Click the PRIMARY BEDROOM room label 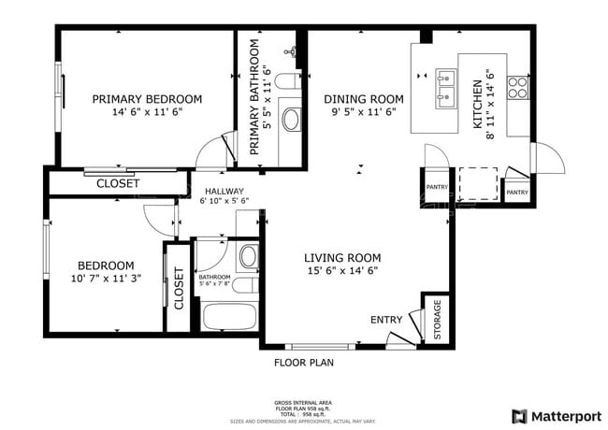[147, 98]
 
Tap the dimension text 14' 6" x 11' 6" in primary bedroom [147, 111]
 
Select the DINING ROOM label [364, 99]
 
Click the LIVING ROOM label [342, 258]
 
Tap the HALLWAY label [224, 191]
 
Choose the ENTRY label [386, 320]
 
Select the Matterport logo [556, 415]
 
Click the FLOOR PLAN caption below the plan [303, 362]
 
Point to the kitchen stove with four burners [517, 88]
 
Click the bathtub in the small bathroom [229, 317]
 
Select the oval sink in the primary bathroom [291, 120]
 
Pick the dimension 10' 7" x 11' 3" [106, 278]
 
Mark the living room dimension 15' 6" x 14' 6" [342, 271]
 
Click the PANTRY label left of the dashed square [437, 187]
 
